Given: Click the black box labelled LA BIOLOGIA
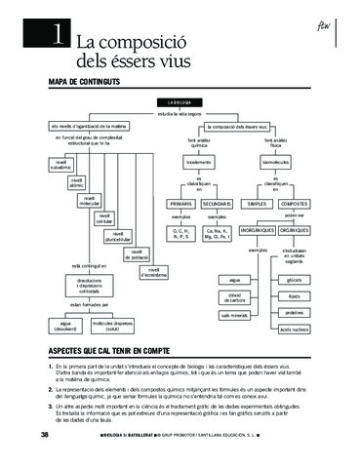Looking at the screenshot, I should coord(180,102).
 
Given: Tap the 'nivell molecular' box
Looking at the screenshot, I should coord(89,200).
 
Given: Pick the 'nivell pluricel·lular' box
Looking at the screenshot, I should coord(120,236).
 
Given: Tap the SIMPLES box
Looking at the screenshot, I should coord(257,203).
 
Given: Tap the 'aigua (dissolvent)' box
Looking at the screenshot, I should coord(65,324).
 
